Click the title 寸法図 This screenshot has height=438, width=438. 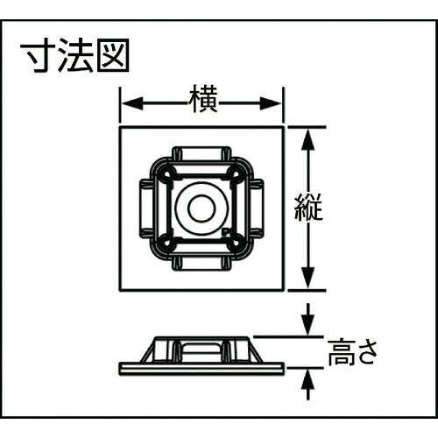(75, 56)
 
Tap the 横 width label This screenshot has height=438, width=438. (203, 99)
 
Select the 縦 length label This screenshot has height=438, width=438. (308, 207)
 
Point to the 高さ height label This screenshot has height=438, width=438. (353, 352)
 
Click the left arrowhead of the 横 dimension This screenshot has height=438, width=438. (132, 103)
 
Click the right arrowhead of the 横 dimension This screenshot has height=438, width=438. (271, 103)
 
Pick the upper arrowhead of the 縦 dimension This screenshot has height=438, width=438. (308, 139)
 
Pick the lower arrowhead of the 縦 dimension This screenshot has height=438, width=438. (308, 278)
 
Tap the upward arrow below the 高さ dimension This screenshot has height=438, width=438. (308, 384)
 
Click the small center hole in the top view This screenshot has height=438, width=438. (201, 208)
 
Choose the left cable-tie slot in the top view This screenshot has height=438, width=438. (146, 208)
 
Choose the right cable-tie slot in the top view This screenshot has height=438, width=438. (257, 208)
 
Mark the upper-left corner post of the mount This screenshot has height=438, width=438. (166, 173)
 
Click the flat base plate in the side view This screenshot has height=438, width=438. (201, 369)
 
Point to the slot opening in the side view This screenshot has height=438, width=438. (201, 349)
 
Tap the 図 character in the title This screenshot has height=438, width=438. (113, 56)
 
